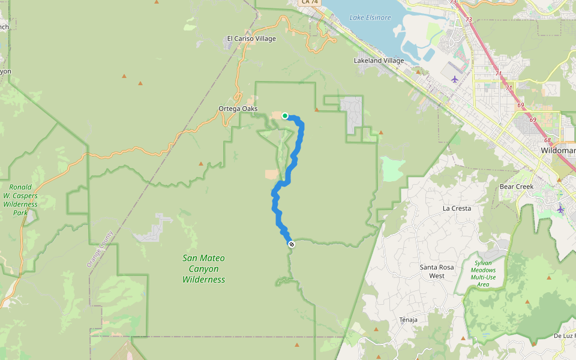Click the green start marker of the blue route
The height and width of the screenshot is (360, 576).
(x=285, y=116)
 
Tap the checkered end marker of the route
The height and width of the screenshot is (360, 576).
(x=291, y=244)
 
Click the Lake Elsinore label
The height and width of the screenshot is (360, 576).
(x=370, y=18)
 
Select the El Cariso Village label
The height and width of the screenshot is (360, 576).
(x=251, y=39)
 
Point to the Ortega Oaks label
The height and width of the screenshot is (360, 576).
(x=238, y=109)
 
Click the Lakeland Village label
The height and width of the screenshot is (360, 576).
(x=379, y=61)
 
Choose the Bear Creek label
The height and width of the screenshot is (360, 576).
(x=517, y=187)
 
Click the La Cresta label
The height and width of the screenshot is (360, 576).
(x=457, y=208)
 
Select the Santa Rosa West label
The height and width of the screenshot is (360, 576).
(x=437, y=271)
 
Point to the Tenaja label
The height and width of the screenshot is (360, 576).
(x=408, y=320)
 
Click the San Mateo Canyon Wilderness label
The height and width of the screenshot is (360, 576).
(x=203, y=269)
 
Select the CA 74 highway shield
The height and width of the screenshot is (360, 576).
(x=310, y=2)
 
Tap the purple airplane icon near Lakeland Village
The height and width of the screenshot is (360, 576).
(x=454, y=79)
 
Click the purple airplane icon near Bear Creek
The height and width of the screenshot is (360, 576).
(x=560, y=209)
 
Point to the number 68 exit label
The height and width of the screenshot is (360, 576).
(x=547, y=140)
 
